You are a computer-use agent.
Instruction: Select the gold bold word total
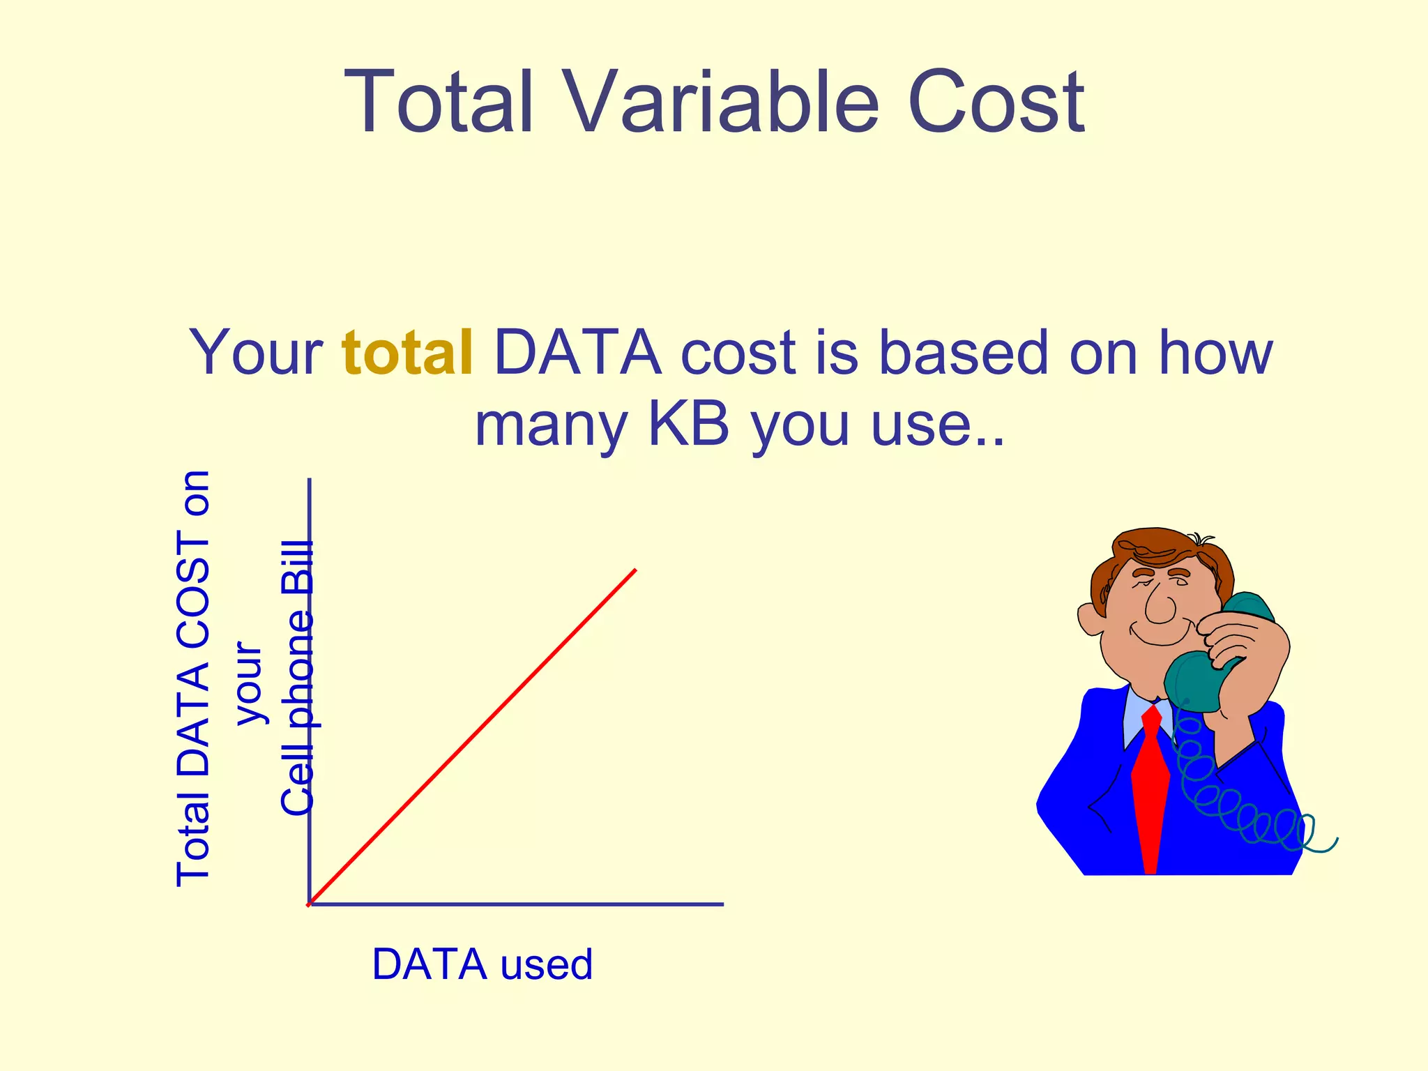click(408, 353)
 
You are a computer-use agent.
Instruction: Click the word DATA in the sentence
click(577, 353)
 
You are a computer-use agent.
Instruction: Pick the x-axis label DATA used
click(482, 964)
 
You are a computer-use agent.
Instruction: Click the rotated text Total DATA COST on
click(193, 678)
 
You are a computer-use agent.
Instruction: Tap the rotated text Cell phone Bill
click(298, 678)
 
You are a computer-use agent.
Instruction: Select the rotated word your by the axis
click(248, 683)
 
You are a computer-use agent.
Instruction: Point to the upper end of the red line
click(635, 571)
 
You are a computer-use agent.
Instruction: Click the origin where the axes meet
click(310, 904)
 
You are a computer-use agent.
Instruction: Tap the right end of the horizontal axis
click(722, 904)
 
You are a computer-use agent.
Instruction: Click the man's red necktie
click(1150, 788)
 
